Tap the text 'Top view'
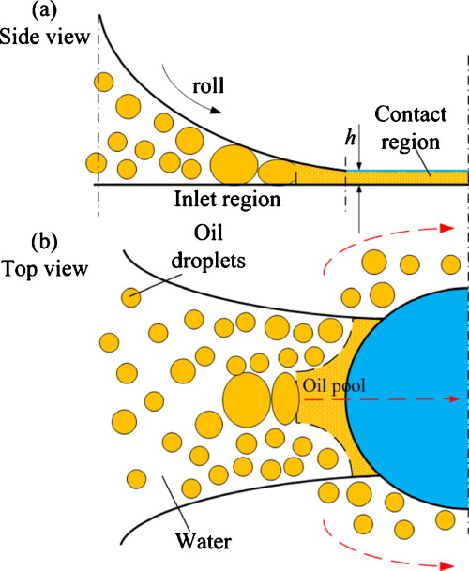[x=45, y=269]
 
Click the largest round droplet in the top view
[x=246, y=397]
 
